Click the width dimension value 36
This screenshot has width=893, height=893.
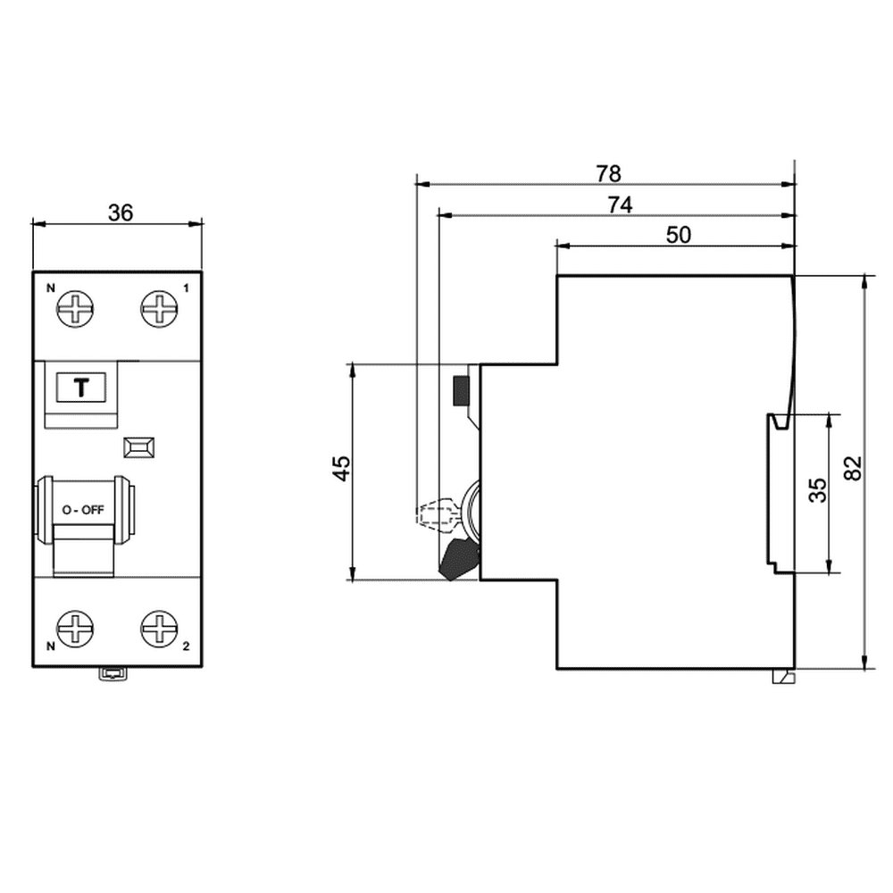coord(121,213)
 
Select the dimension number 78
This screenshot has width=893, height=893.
coord(608,174)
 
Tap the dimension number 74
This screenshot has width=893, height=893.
coord(620,204)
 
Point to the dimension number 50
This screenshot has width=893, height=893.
coord(679,235)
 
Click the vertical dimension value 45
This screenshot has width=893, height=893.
coord(343,468)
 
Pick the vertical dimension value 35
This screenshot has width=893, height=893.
coord(818,490)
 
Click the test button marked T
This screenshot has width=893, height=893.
coord(81,388)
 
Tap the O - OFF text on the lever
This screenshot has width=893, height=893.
coord(83,510)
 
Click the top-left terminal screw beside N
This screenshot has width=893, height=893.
coord(75,309)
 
